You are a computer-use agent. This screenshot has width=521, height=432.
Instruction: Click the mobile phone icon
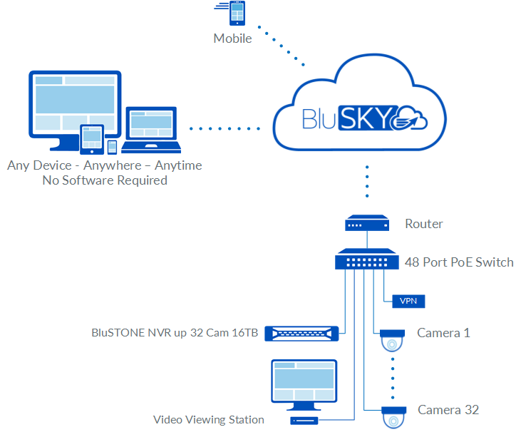236,14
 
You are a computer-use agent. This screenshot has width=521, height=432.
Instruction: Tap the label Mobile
232,38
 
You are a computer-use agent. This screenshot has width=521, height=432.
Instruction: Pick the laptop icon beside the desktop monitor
150,130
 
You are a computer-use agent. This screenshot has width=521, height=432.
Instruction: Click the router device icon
368,224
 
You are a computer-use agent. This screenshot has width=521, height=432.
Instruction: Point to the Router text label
424,224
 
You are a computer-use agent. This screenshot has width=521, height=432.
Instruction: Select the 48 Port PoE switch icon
368,259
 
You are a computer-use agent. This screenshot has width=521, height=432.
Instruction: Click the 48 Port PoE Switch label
459,262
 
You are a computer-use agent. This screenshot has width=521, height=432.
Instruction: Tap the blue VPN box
408,301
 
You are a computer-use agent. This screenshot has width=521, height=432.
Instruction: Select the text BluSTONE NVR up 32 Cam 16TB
175,332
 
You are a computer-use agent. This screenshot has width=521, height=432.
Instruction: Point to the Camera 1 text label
443,333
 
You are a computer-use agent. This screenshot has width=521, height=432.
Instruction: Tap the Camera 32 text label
448,410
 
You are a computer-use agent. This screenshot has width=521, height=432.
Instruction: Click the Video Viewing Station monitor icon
303,386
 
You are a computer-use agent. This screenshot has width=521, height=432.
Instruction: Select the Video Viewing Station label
209,420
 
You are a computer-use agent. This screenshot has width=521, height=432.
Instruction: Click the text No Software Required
105,180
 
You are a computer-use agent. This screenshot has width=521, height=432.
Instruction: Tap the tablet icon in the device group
92,138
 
